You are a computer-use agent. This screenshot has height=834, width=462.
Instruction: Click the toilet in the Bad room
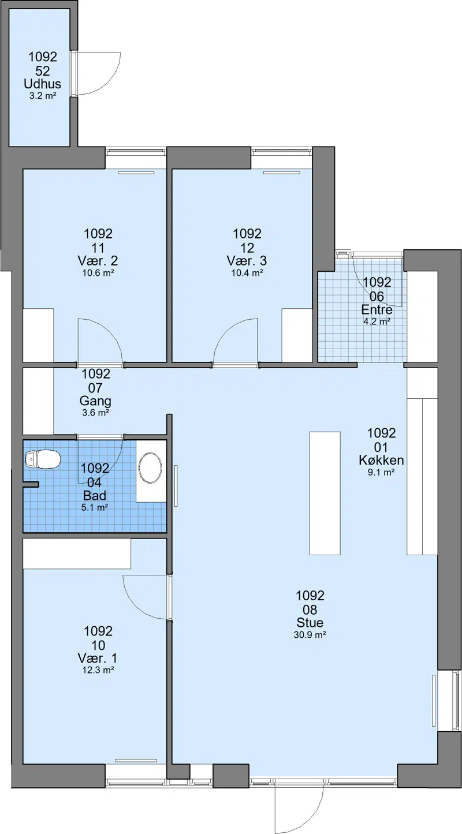click(43, 459)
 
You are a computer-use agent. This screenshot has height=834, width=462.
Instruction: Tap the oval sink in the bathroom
click(151, 468)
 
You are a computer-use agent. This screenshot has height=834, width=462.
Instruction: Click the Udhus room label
click(43, 84)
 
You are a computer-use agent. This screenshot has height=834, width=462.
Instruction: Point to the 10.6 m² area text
click(98, 272)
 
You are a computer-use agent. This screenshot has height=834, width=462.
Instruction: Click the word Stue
click(310, 622)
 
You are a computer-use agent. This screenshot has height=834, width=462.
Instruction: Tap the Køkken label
click(381, 460)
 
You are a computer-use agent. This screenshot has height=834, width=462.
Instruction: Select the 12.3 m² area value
click(98, 670)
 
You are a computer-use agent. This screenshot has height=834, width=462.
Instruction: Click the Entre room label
click(377, 310)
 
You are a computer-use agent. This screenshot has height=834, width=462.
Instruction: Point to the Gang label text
click(95, 401)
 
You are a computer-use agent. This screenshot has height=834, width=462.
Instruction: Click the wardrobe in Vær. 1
click(77, 553)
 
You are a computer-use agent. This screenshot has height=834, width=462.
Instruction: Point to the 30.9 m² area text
click(310, 635)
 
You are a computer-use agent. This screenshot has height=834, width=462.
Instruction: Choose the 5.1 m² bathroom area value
click(95, 507)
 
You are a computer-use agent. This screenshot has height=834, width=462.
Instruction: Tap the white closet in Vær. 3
click(297, 335)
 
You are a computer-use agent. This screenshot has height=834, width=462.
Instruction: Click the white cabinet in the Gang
click(38, 401)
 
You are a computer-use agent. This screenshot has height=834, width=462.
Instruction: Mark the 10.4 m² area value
click(247, 272)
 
